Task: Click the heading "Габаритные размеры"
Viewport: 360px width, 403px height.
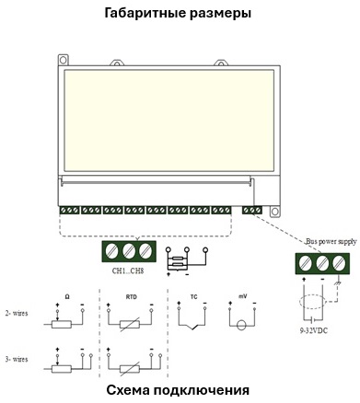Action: pyautogui.click(x=178, y=14)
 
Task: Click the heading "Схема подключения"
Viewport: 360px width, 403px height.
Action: pyautogui.click(x=178, y=391)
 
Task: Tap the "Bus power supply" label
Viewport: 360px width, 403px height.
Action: pyautogui.click(x=331, y=242)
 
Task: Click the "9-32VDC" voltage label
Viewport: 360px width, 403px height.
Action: pyautogui.click(x=313, y=331)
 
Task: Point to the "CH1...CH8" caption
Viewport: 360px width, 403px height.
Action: pyautogui.click(x=128, y=271)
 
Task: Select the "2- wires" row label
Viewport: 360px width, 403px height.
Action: pyautogui.click(x=17, y=314)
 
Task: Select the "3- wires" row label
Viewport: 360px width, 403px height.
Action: pyautogui.click(x=17, y=359)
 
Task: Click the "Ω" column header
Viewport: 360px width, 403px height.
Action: pyautogui.click(x=67, y=297)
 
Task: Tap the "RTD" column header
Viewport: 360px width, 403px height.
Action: pyautogui.click(x=132, y=297)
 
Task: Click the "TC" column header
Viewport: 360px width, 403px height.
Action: pyautogui.click(x=194, y=297)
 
